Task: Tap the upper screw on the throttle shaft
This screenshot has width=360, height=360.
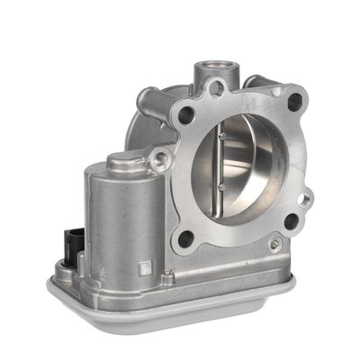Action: click(222, 136)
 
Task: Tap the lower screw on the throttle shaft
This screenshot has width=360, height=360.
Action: click(222, 186)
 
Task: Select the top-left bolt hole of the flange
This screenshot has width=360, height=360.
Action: click(186, 115)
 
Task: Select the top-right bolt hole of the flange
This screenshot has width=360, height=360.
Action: click(293, 102)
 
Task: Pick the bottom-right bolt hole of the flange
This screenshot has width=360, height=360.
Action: click(291, 220)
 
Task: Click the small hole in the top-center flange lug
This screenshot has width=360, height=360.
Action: click(216, 88)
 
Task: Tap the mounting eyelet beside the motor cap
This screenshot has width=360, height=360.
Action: click(160, 160)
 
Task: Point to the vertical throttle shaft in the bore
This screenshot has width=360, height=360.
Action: click(222, 162)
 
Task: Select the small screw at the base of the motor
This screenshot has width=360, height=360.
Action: click(167, 278)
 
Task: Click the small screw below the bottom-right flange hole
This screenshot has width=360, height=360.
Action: click(274, 244)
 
